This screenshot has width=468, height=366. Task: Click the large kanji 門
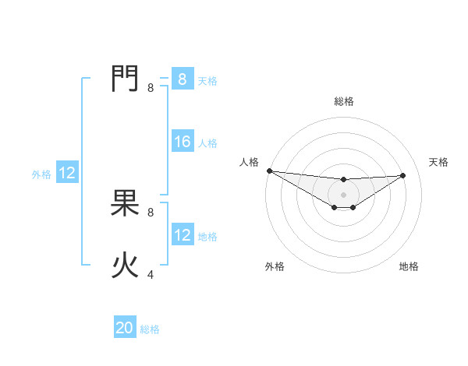point(126,79)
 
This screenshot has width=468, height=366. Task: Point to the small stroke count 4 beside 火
point(151,274)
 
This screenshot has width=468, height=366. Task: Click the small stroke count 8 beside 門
point(151,88)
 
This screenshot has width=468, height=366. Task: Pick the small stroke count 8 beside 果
point(151,212)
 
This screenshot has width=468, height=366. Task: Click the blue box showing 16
point(183,142)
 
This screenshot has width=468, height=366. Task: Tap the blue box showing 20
point(125,328)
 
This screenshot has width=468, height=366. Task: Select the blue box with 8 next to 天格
point(183,79)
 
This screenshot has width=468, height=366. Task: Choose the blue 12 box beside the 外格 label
point(67,173)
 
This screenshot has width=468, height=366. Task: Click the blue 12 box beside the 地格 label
point(183,235)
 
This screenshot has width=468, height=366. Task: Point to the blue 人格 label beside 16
point(207,143)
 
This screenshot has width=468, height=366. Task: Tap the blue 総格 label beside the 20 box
point(150,329)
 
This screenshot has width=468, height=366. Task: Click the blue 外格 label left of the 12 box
point(41,174)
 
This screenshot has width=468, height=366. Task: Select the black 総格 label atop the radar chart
point(344,101)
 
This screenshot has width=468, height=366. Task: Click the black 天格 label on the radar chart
point(439,162)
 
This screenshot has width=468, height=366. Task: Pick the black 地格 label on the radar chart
point(409,266)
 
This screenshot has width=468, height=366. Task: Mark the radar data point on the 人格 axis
point(269,171)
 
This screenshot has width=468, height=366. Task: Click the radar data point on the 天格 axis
point(403,175)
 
